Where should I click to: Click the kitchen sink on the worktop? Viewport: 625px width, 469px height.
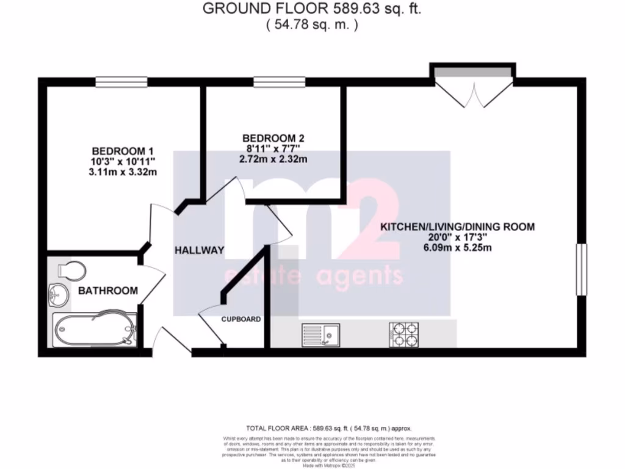click(x=322, y=334)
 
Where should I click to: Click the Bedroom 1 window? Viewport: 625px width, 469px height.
click(x=121, y=81)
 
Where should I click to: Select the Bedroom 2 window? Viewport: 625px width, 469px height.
click(x=280, y=81)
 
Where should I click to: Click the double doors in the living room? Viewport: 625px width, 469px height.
click(x=472, y=85)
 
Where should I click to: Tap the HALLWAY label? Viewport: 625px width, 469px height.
click(x=199, y=250)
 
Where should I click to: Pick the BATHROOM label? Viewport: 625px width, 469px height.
click(x=107, y=291)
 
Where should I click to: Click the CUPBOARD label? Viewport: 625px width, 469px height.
click(x=241, y=319)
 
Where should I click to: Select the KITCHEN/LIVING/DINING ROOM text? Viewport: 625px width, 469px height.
click(x=457, y=227)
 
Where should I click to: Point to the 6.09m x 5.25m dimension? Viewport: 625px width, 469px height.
click(x=457, y=248)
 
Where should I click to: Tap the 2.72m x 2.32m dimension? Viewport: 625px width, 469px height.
click(x=273, y=159)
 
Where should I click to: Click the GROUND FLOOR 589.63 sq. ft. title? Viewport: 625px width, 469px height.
click(x=312, y=9)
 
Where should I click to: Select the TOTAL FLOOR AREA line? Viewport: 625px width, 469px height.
click(x=333, y=428)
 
